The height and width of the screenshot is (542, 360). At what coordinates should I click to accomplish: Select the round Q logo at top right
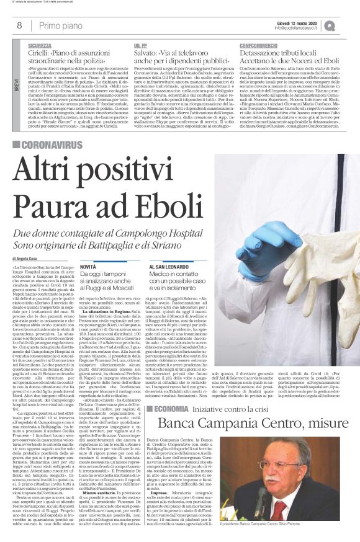pyautogui.click(x=346, y=25)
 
